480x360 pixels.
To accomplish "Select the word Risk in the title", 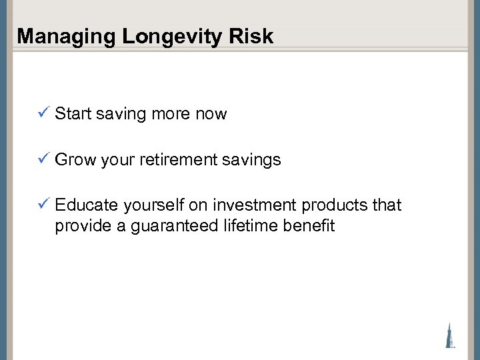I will [x=254, y=37].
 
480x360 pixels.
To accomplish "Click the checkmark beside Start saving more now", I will [x=43, y=113].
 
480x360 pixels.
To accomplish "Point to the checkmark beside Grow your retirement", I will [x=43, y=159].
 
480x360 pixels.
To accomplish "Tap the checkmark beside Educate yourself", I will [x=43, y=205].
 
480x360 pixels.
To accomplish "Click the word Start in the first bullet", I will [x=73, y=114].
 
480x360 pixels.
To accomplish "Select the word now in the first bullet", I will [x=211, y=114].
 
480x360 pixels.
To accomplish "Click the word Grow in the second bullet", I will [x=75, y=160].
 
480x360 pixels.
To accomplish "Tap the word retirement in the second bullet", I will [x=183, y=160].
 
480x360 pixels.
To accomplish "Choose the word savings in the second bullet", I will [x=255, y=160].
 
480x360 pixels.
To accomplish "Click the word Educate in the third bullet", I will [x=83, y=205].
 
